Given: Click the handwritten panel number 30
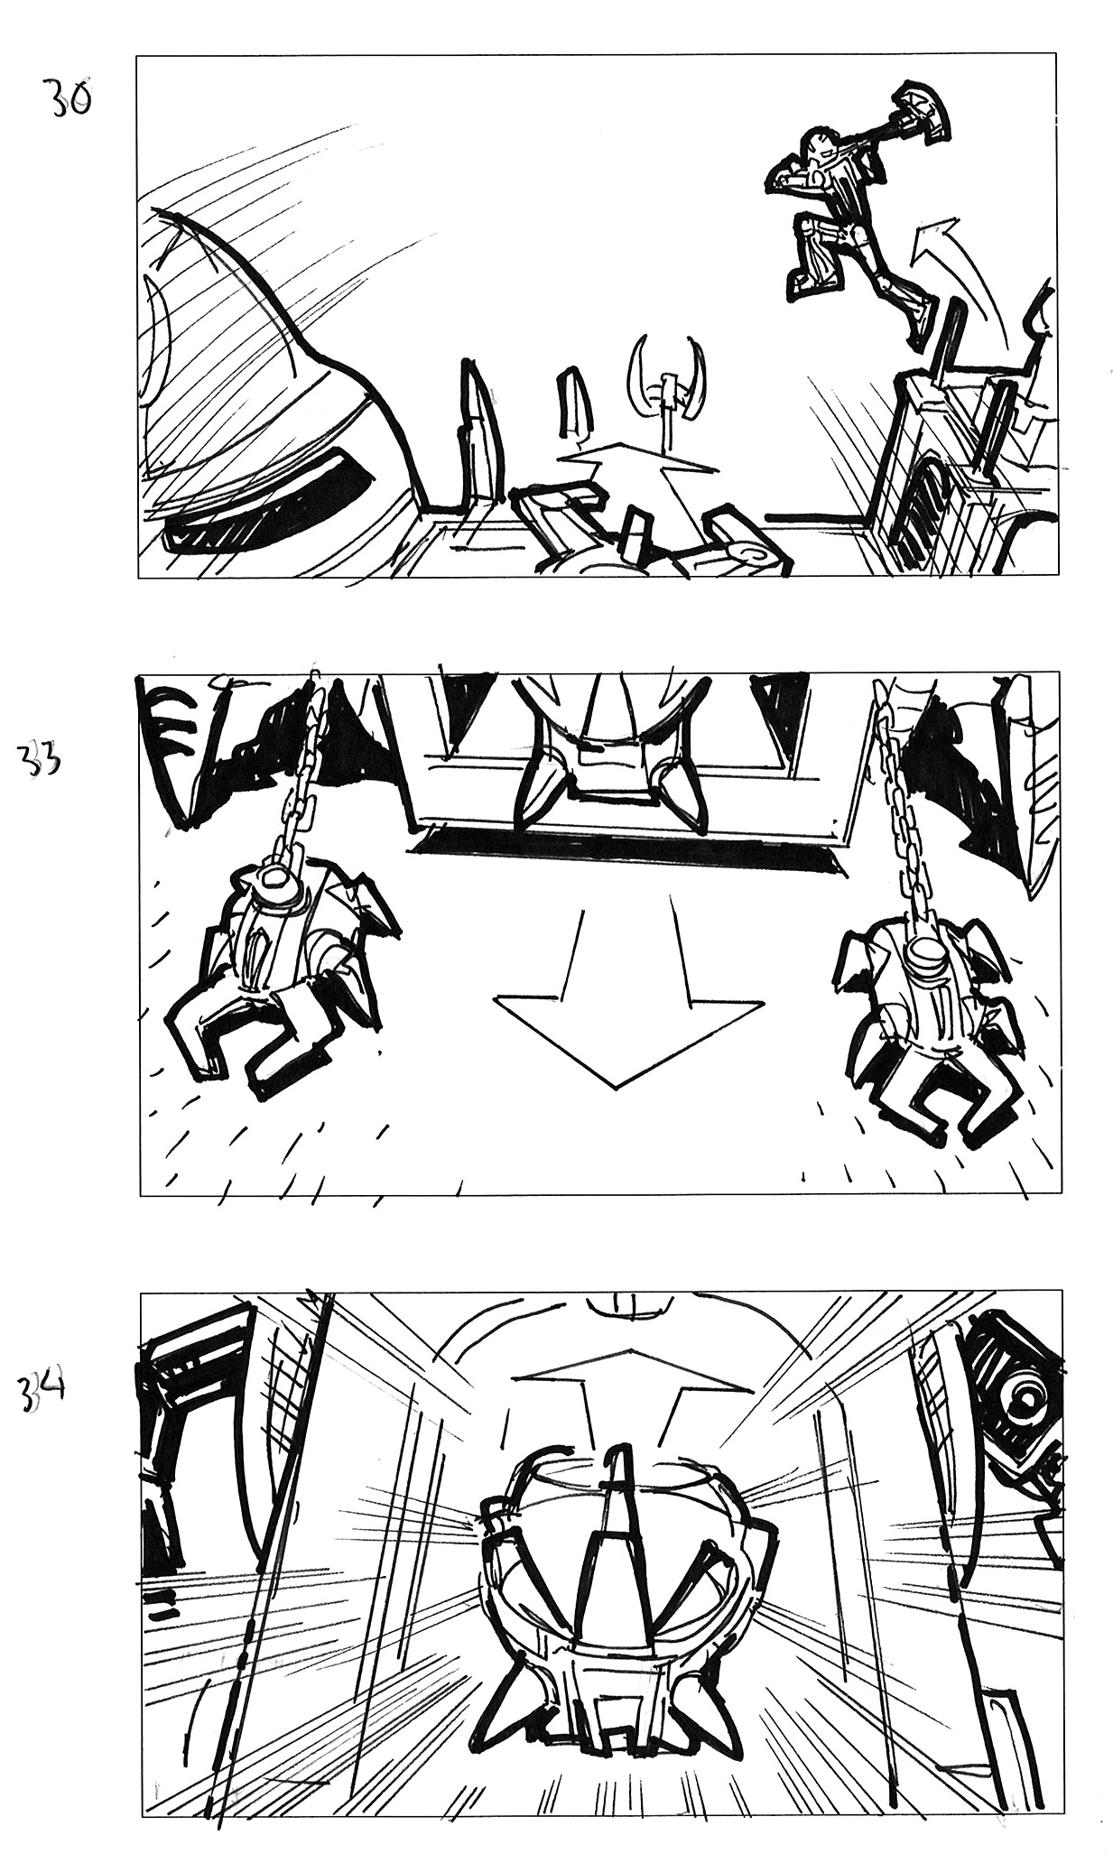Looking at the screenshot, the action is pyautogui.click(x=68, y=98).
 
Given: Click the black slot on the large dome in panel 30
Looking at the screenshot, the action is pyautogui.click(x=271, y=501).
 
